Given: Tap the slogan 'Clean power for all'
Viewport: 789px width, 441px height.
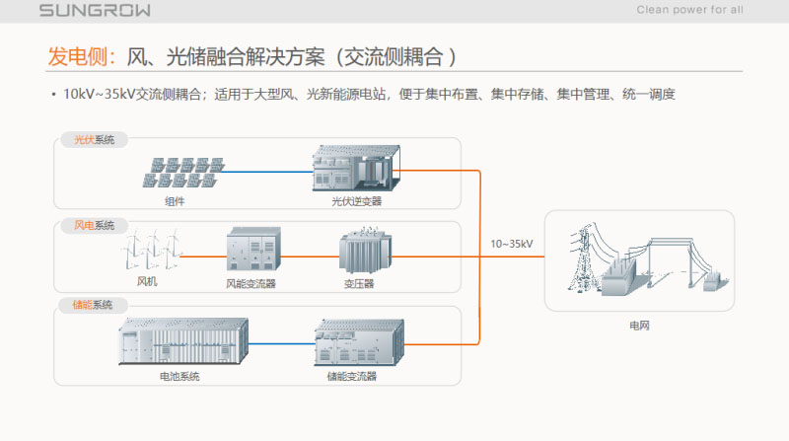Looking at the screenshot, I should pos(690,10).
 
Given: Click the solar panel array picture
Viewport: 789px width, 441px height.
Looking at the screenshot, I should pos(181,172).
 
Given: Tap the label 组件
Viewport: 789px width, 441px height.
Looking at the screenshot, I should pos(175,200).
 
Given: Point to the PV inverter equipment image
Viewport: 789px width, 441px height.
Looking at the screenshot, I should pos(355,169).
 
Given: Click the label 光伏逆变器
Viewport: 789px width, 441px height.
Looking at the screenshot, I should pos(356,200).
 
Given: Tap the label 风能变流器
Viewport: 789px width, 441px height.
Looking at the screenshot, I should pos(251,283).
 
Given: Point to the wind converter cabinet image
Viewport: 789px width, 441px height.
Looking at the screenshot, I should pos(253,252).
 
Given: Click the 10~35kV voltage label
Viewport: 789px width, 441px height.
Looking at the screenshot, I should pos(512,244).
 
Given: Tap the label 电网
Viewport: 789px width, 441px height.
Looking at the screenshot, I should pos(640,324).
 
